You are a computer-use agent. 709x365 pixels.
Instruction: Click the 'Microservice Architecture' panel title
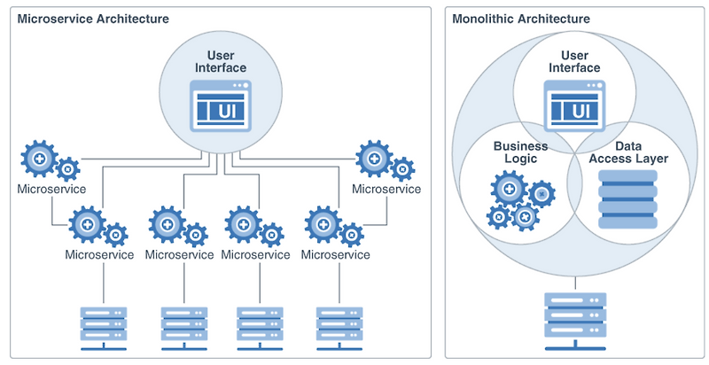click(93, 19)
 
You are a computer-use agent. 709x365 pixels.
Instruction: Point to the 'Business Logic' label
click(520, 152)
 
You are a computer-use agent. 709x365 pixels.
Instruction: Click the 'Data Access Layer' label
click(628, 152)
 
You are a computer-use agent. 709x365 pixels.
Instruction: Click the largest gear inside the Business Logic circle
click(509, 188)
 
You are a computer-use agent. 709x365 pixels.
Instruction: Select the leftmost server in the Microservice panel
click(105, 325)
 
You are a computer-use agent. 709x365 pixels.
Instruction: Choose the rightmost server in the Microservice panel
click(340, 325)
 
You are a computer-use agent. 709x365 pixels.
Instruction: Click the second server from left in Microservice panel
click(183, 325)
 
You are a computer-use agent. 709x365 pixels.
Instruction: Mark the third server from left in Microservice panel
click(261, 325)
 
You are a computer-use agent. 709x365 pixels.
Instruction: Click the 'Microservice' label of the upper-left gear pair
click(51, 189)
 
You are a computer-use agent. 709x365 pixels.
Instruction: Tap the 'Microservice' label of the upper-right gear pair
click(386, 189)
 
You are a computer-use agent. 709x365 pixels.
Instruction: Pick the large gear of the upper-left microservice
click(39, 158)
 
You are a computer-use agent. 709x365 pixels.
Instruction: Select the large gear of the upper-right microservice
click(374, 158)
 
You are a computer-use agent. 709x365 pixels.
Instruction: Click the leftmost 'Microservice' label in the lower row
click(99, 254)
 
